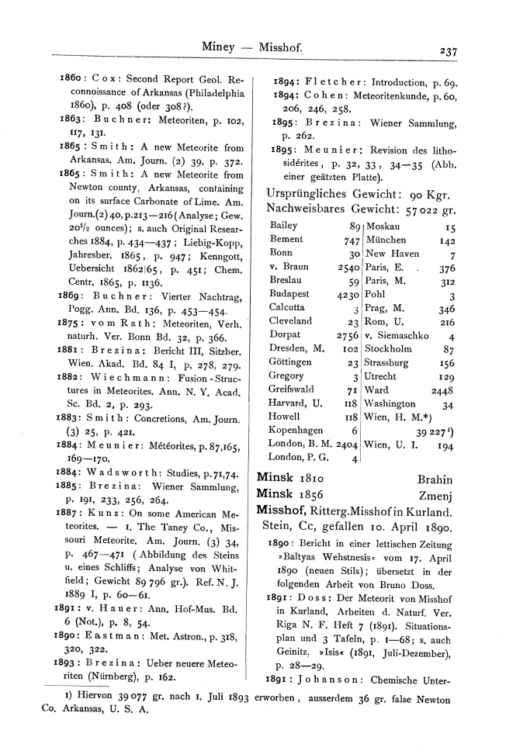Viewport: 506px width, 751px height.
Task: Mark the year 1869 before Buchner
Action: [x=73, y=295]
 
